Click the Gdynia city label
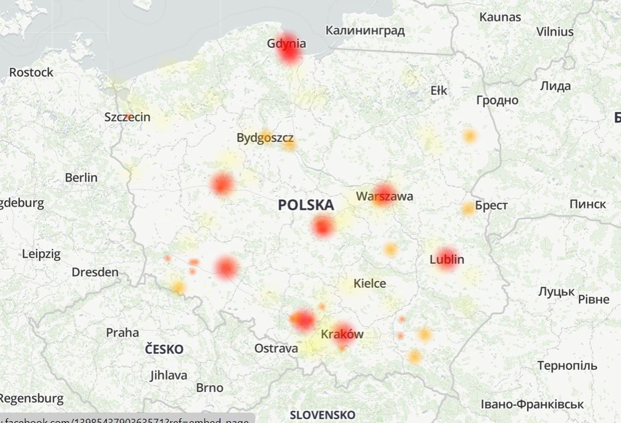pyautogui.click(x=286, y=44)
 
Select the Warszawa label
pyautogui.click(x=385, y=196)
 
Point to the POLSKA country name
pyautogui.click(x=306, y=205)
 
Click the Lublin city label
pyautogui.click(x=447, y=259)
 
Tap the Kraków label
pyautogui.click(x=342, y=334)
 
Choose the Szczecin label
pyautogui.click(x=128, y=117)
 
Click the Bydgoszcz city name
pyautogui.click(x=265, y=138)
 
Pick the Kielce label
pyautogui.click(x=370, y=283)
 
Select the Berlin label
pyautogui.click(x=81, y=178)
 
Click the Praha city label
pyautogui.click(x=122, y=333)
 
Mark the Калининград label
pyautogui.click(x=365, y=31)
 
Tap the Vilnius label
pyautogui.click(x=555, y=32)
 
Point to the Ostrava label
pyautogui.click(x=276, y=348)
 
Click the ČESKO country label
pyautogui.click(x=164, y=349)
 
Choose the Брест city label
pyautogui.click(x=491, y=205)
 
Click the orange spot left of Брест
pyautogui.click(x=468, y=209)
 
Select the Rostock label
pyautogui.click(x=31, y=72)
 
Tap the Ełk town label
pyautogui.click(x=439, y=91)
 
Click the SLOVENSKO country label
pyautogui.click(x=323, y=415)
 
